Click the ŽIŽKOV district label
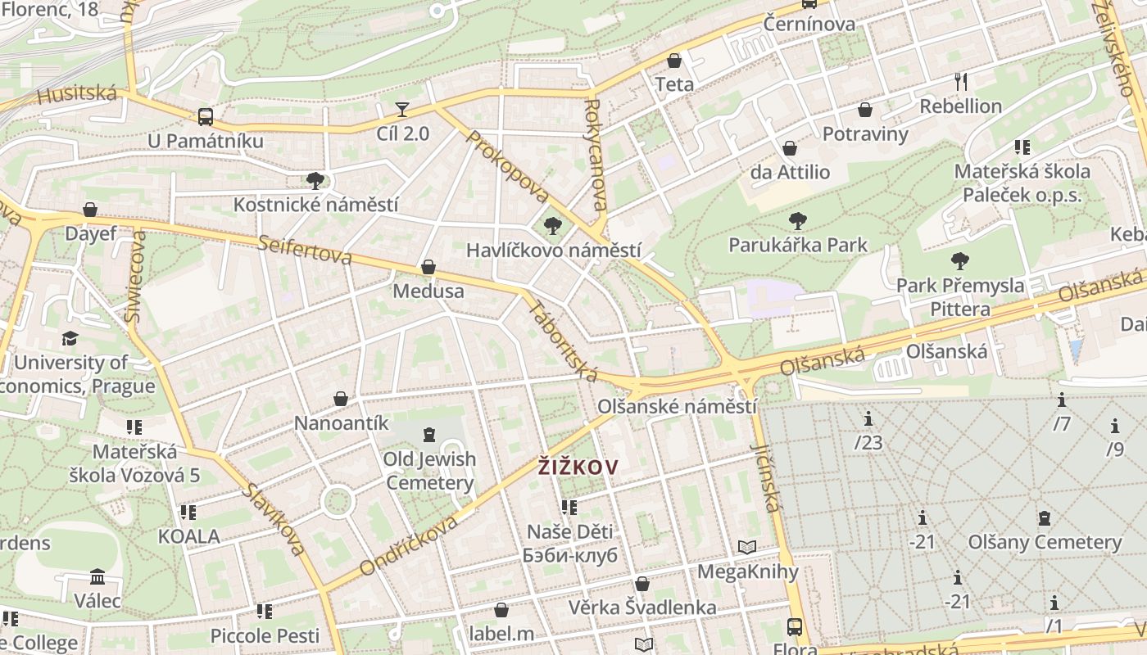[578, 467]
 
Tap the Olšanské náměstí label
[677, 406]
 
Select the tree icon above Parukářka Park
[797, 221]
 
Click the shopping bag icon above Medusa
[428, 268]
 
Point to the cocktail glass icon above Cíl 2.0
[402, 109]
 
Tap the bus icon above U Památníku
[205, 116]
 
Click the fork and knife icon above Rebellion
[961, 81]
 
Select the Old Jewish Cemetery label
[429, 470]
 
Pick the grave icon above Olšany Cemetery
[1044, 517]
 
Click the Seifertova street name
[305, 251]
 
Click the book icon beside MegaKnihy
[746, 547]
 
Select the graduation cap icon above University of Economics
[70, 338]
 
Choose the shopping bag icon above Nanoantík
[341, 399]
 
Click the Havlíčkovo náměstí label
[553, 251]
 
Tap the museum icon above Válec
[97, 576]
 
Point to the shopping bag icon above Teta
[674, 61]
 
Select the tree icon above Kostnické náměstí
[315, 180]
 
